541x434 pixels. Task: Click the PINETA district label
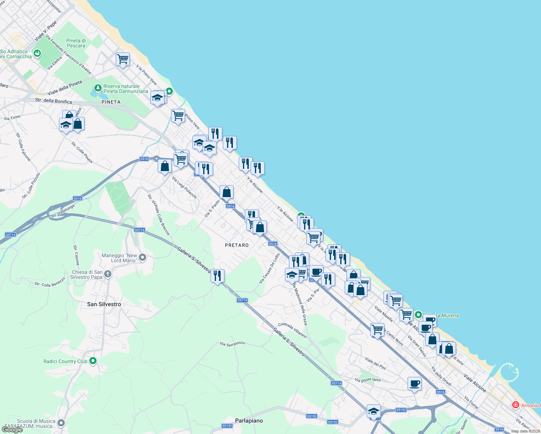[111, 102]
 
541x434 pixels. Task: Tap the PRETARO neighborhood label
[237, 245]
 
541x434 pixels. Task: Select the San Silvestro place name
[104, 304]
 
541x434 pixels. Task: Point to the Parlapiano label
[249, 421]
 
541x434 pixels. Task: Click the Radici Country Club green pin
[93, 361]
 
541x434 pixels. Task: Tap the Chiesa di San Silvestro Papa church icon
[108, 274]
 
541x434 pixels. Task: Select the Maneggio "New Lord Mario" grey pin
[142, 258]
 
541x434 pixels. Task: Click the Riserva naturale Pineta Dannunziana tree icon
[97, 88]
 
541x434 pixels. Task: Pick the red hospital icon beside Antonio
[516, 405]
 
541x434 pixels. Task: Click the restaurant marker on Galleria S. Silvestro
[217, 276]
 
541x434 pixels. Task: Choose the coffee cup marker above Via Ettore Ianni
[414, 383]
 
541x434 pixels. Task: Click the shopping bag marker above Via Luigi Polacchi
[165, 166]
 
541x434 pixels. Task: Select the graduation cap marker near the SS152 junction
[374, 411]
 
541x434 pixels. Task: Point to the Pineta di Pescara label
[76, 43]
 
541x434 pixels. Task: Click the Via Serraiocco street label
[232, 343]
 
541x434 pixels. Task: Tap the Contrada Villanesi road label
[292, 330]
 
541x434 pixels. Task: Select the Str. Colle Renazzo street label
[50, 282]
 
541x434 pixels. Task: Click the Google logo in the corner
[12, 429]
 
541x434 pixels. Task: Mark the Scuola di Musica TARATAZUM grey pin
[61, 422]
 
